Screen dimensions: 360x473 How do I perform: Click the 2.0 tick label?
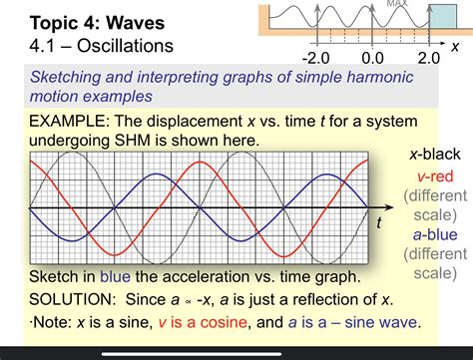[x=427, y=58]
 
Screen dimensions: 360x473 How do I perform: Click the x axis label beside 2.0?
[x=454, y=47]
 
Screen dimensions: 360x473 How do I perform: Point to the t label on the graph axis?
[x=378, y=222]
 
